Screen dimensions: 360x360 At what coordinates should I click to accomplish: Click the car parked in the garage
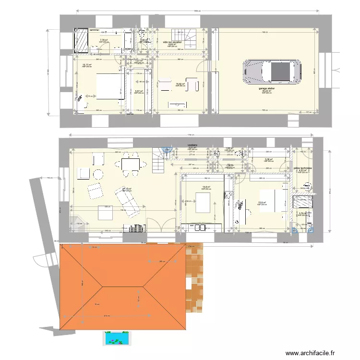pyautogui.click(x=272, y=72)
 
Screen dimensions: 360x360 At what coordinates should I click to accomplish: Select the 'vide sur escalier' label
pyautogui.click(x=172, y=42)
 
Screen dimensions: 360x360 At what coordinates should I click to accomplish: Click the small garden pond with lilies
pyautogui.click(x=117, y=338)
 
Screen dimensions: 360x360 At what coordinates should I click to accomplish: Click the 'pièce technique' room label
pyautogui.click(x=302, y=168)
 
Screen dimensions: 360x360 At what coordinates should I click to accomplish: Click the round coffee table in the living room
pyautogui.click(x=98, y=174)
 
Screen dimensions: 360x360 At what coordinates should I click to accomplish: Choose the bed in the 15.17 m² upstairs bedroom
pyautogui.click(x=107, y=86)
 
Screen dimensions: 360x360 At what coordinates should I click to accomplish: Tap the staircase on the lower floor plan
pyautogui.click(x=158, y=161)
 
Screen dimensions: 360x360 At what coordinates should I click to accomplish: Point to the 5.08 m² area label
pyautogui.click(x=269, y=160)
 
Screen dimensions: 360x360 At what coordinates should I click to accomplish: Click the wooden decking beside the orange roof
pyautogui.click(x=196, y=278)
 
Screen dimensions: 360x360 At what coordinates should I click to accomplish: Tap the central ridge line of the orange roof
pyautogui.click(x=122, y=286)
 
